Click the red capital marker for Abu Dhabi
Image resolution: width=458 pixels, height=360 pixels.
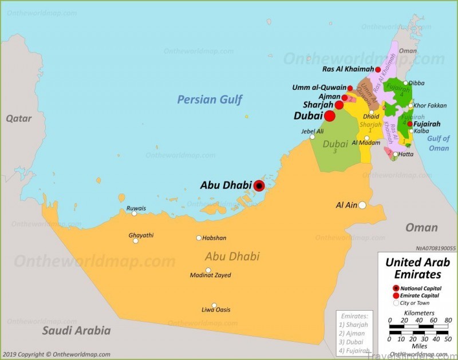pyautogui.click(x=259, y=185)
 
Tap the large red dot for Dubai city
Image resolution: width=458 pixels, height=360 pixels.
pyautogui.click(x=330, y=116)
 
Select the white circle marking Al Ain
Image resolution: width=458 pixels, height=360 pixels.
pyautogui.click(x=362, y=205)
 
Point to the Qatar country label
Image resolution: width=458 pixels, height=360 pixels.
pyautogui.click(x=19, y=118)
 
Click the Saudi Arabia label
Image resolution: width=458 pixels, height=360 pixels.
pyautogui.click(x=76, y=331)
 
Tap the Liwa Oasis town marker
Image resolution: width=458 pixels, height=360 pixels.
pyautogui.click(x=214, y=305)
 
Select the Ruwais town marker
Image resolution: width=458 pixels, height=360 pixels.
pyautogui.click(x=135, y=213)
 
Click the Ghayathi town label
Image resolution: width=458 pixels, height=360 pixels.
pyautogui.click(x=141, y=235)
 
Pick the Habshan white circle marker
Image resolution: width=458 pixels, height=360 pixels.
pyautogui.click(x=199, y=238)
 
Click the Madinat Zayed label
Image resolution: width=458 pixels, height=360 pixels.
pyautogui.click(x=211, y=275)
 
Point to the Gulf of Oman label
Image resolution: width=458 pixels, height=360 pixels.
pyautogui.click(x=439, y=143)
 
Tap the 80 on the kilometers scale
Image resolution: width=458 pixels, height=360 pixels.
pyautogui.click(x=448, y=320)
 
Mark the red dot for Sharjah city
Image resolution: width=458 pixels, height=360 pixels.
pyautogui.click(x=339, y=105)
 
